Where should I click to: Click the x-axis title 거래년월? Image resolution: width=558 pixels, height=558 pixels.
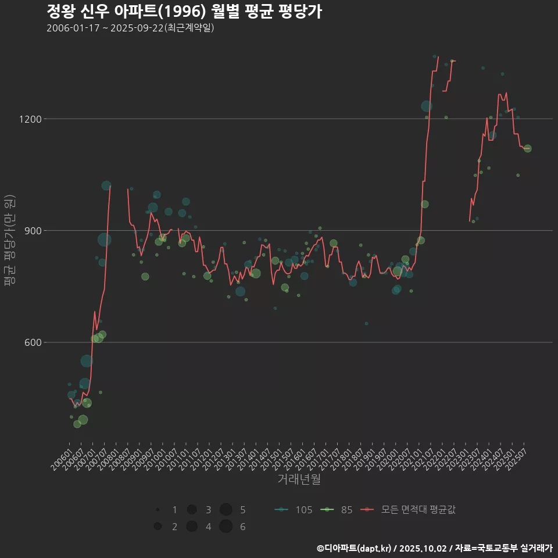299,479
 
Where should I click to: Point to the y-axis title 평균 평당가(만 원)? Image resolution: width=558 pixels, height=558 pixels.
10,240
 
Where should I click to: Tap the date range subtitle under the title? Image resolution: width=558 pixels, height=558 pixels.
130,28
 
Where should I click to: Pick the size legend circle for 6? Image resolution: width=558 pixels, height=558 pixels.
226,527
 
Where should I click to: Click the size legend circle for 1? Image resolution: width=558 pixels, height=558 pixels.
158,510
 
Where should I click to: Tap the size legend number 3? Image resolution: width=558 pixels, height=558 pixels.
208,510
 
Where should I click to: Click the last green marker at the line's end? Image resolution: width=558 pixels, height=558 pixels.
527,149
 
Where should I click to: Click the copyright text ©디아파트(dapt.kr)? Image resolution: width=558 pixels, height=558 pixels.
354,548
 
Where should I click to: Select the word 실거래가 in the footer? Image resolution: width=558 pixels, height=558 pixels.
534,548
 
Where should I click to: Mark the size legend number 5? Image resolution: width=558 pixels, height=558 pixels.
242,510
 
